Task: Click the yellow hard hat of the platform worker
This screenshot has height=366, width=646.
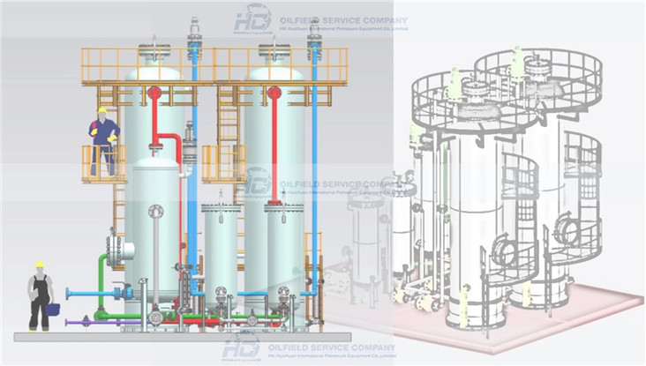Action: (102, 110)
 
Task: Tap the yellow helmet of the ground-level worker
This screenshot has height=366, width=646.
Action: (39, 264)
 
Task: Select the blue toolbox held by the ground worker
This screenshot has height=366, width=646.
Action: (53, 309)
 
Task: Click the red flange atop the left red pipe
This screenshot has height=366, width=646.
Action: (154, 93)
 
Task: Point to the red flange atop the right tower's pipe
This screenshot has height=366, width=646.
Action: (274, 93)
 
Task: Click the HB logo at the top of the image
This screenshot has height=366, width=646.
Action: (253, 19)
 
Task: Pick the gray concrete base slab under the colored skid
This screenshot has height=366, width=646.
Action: (177, 337)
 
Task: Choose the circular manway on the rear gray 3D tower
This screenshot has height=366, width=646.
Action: (565, 231)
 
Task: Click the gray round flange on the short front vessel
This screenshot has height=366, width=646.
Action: (156, 211)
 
